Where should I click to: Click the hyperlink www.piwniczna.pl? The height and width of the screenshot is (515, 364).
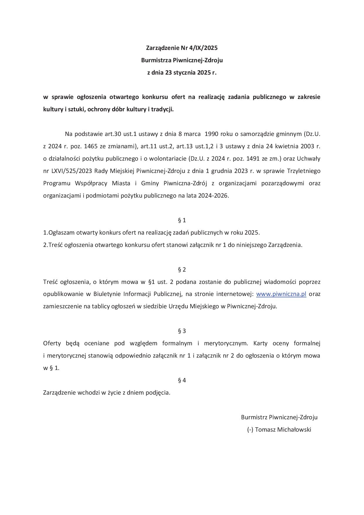point(281,294)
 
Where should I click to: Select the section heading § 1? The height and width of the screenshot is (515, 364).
point(182,220)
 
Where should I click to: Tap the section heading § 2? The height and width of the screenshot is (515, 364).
point(182,270)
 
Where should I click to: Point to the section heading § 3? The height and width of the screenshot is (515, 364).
point(182,331)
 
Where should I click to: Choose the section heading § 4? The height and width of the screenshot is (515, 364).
point(182,380)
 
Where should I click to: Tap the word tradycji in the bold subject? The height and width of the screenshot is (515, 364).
point(163,109)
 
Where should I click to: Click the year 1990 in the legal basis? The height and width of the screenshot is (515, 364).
point(211,134)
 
